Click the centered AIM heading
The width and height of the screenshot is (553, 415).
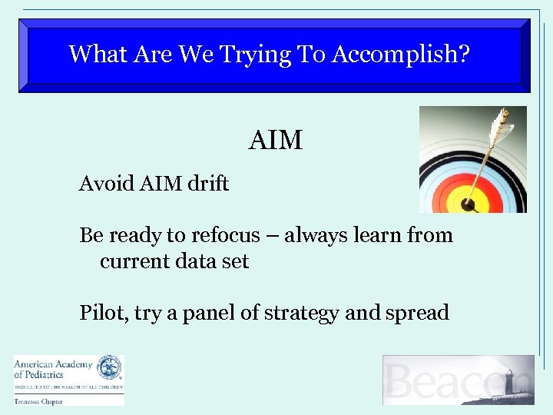click(276, 141)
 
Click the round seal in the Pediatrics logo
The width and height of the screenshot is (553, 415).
click(109, 367)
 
